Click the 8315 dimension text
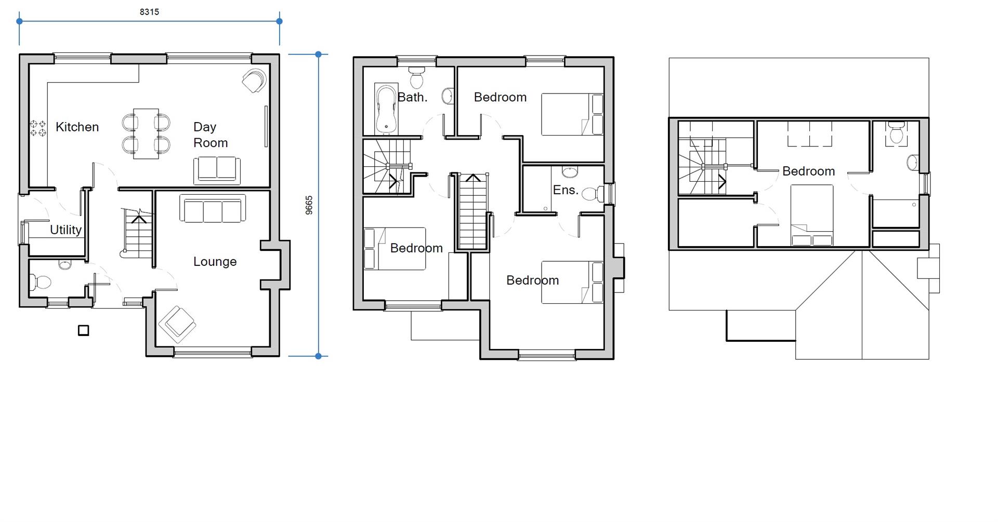click(149, 12)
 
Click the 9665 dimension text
click(309, 205)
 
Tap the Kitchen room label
click(77, 127)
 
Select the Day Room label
click(210, 135)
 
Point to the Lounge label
click(215, 262)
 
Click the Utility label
click(65, 230)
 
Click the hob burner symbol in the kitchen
click(38, 128)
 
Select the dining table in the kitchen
click(146, 133)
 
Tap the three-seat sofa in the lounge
click(213, 209)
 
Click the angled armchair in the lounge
click(177, 324)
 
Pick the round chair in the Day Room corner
click(254, 81)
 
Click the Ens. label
click(566, 190)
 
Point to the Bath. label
click(412, 97)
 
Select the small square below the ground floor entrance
click(83, 330)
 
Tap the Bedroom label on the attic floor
click(808, 171)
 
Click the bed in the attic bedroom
click(811, 215)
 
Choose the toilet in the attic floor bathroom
click(896, 133)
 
